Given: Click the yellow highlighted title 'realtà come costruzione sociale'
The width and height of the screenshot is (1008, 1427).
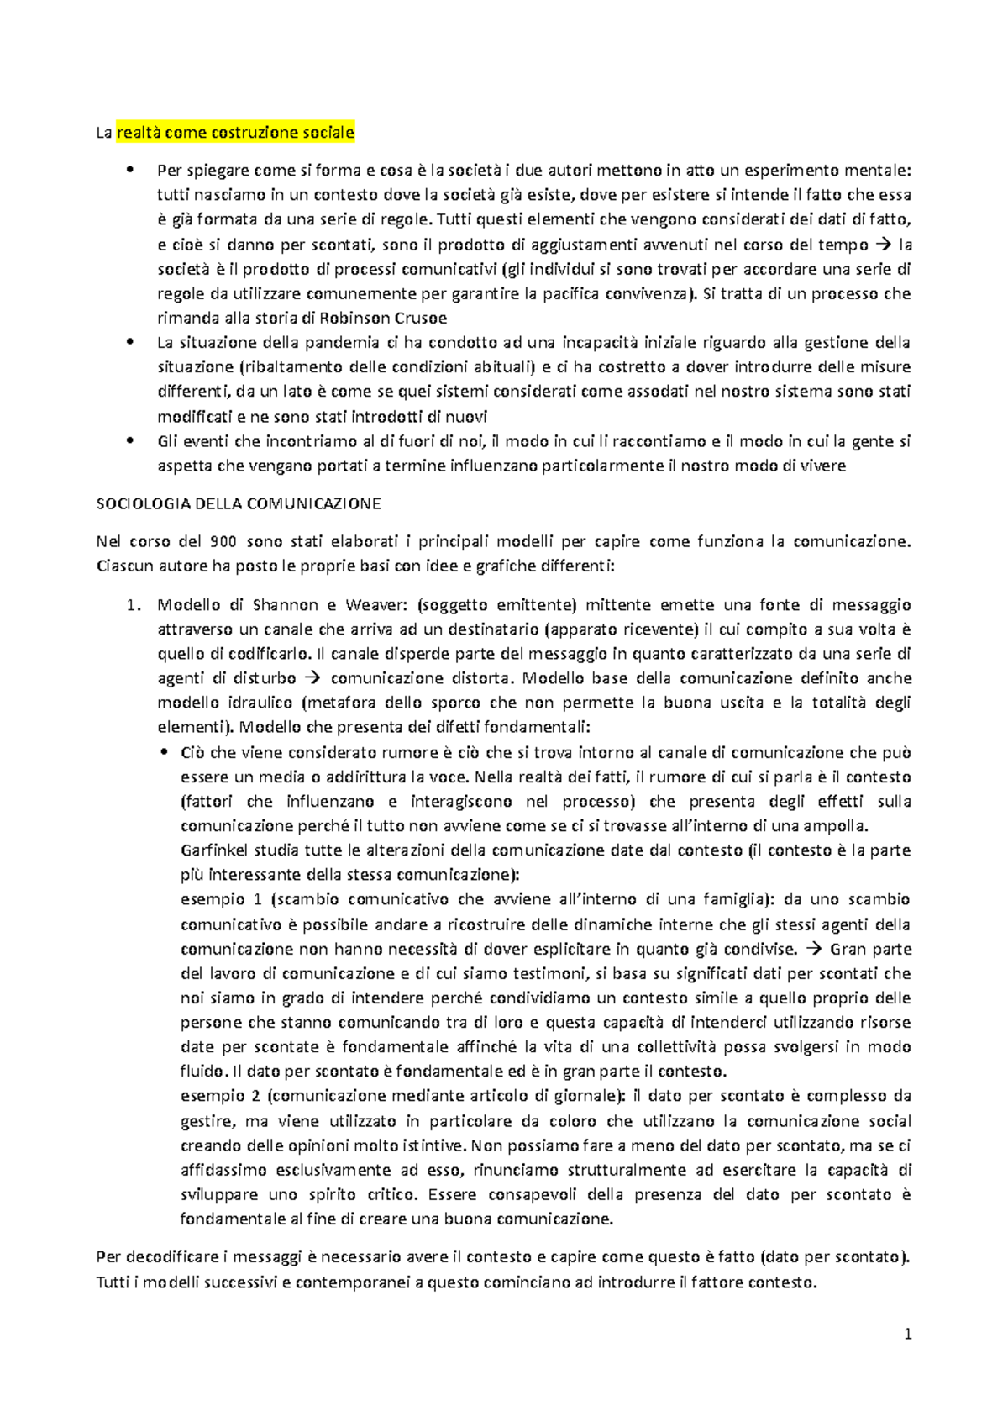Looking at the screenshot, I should (235, 132).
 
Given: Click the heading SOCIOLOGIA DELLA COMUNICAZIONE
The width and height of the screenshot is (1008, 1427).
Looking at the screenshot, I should (239, 503).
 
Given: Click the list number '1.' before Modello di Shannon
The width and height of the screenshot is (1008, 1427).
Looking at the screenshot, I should (132, 605).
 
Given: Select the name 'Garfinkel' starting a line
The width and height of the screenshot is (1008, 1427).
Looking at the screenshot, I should (215, 850).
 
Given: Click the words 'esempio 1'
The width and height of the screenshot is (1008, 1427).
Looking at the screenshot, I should (221, 899).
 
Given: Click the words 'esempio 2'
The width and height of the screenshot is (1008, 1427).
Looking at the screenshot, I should (221, 1096).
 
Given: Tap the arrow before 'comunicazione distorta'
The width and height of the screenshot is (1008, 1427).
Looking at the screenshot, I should (312, 678).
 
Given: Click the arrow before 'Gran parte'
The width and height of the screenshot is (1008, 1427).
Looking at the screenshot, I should (814, 949).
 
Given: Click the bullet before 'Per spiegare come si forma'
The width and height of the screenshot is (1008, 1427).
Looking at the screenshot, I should (129, 171).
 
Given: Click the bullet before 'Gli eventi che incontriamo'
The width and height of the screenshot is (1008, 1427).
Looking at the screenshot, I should (129, 441).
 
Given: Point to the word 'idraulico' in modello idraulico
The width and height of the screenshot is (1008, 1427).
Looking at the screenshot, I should (259, 703).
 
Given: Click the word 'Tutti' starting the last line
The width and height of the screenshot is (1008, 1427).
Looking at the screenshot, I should (113, 1282).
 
